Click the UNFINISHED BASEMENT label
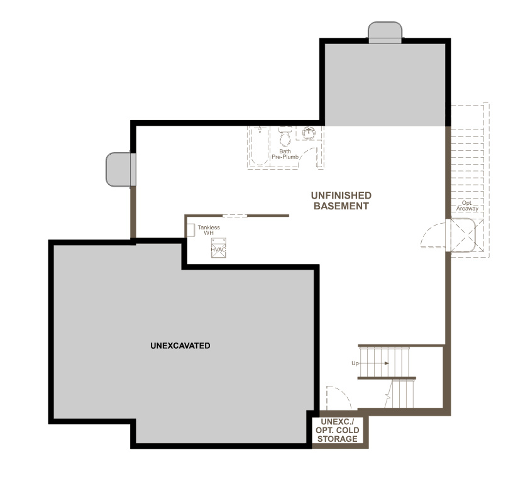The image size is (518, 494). [x=341, y=200]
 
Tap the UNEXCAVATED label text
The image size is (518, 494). [x=180, y=346]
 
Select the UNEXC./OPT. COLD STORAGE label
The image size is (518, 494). [x=338, y=431]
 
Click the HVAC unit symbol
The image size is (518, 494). [x=219, y=248]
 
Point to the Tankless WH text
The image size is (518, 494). [x=209, y=230]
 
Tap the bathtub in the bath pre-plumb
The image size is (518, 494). [x=260, y=146]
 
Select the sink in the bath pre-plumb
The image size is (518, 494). [x=309, y=133]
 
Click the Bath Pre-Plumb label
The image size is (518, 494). [x=285, y=154]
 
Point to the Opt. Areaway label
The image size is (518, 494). [x=467, y=206]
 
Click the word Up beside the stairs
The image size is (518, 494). [x=355, y=363]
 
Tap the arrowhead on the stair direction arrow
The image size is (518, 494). [x=387, y=363]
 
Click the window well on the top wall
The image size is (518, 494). [x=385, y=32]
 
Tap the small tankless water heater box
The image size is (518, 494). [x=191, y=230]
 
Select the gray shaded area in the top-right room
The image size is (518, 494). [x=385, y=85]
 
